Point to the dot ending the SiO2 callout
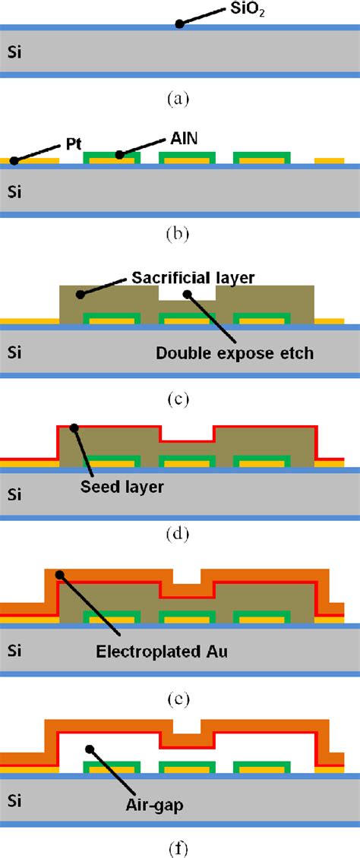[180, 24]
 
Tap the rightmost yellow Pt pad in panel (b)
[330, 161]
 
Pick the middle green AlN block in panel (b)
[188, 158]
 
